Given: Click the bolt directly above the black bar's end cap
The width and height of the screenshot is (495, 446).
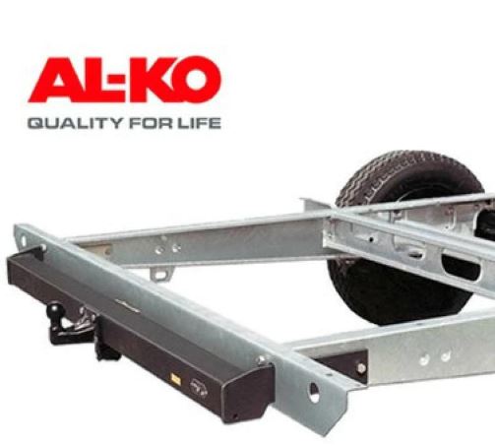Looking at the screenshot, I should pos(260,359).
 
